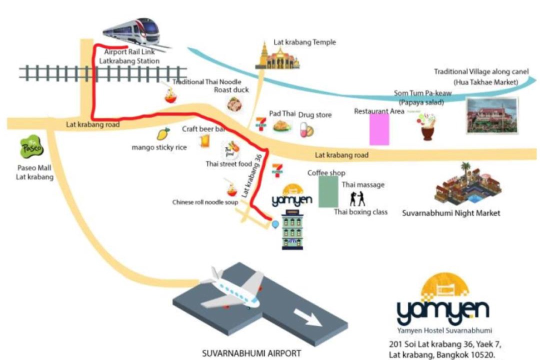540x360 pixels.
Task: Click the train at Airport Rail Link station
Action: pos(132,31)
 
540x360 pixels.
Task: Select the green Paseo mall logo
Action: pos(31,147)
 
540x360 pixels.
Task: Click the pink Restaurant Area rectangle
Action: pos(379,129)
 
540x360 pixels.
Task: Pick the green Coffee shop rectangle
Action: pos(328,192)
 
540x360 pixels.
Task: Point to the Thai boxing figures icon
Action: pos(357,199)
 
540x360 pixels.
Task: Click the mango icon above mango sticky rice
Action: pos(163,133)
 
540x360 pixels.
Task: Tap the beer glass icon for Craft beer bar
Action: pos(205,141)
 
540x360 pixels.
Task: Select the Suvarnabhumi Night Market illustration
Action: pos(467,185)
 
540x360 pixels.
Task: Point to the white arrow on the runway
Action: pos(307,317)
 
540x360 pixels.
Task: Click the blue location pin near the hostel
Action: pos(275,224)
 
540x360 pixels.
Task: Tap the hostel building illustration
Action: pos(292,229)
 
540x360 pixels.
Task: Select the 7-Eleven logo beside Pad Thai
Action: pos(261,124)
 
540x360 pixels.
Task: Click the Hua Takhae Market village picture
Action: pos(492,116)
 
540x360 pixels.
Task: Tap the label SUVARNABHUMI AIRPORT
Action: pos(251,353)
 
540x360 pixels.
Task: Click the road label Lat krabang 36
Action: pos(251,175)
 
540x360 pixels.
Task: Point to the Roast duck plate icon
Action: pos(234,104)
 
